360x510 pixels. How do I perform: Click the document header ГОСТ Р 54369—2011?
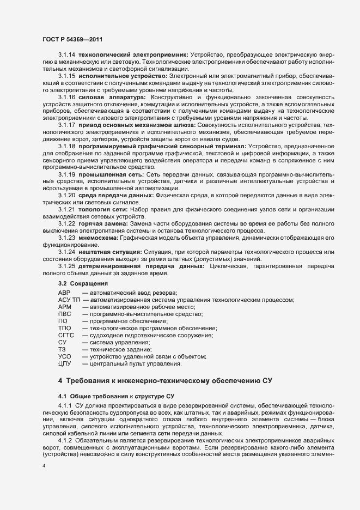click(x=71, y=40)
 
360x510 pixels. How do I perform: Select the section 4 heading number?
click(x=60, y=381)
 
